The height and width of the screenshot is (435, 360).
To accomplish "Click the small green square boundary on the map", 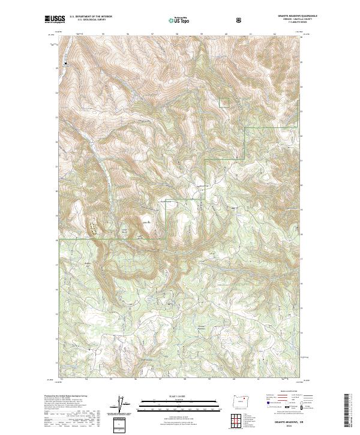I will click(x=224, y=103).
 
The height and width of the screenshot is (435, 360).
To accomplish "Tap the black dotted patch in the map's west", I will click(x=93, y=227).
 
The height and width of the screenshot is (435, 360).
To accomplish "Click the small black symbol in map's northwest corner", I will click(x=64, y=62).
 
